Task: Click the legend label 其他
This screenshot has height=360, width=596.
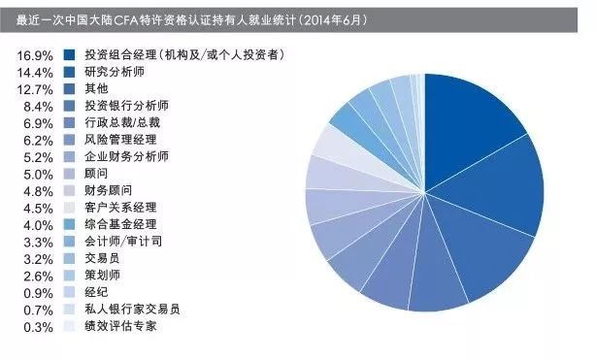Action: pos(96,88)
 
